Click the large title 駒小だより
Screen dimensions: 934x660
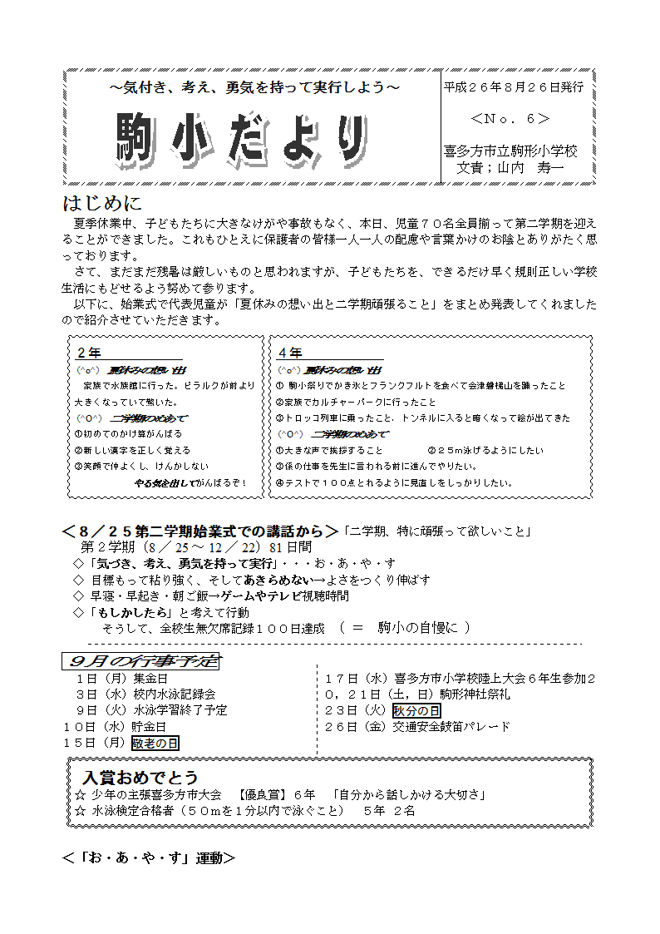(x=241, y=138)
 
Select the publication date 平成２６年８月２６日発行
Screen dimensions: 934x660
(x=513, y=86)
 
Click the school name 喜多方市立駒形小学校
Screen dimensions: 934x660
(x=510, y=151)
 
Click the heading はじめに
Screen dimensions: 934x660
(x=102, y=203)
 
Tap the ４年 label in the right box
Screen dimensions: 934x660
(x=291, y=353)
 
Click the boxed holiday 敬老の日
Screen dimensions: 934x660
(x=155, y=743)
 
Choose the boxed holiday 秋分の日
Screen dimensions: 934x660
(x=417, y=710)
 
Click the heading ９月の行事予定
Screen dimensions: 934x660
(x=140, y=661)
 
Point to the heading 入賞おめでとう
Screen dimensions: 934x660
(x=140, y=778)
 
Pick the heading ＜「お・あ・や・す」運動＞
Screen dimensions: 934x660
(x=149, y=857)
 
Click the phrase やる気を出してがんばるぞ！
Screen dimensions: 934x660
(x=190, y=482)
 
